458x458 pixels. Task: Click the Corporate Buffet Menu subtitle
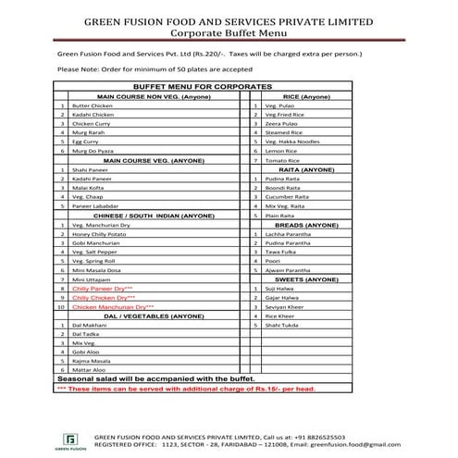tap(229, 30)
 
